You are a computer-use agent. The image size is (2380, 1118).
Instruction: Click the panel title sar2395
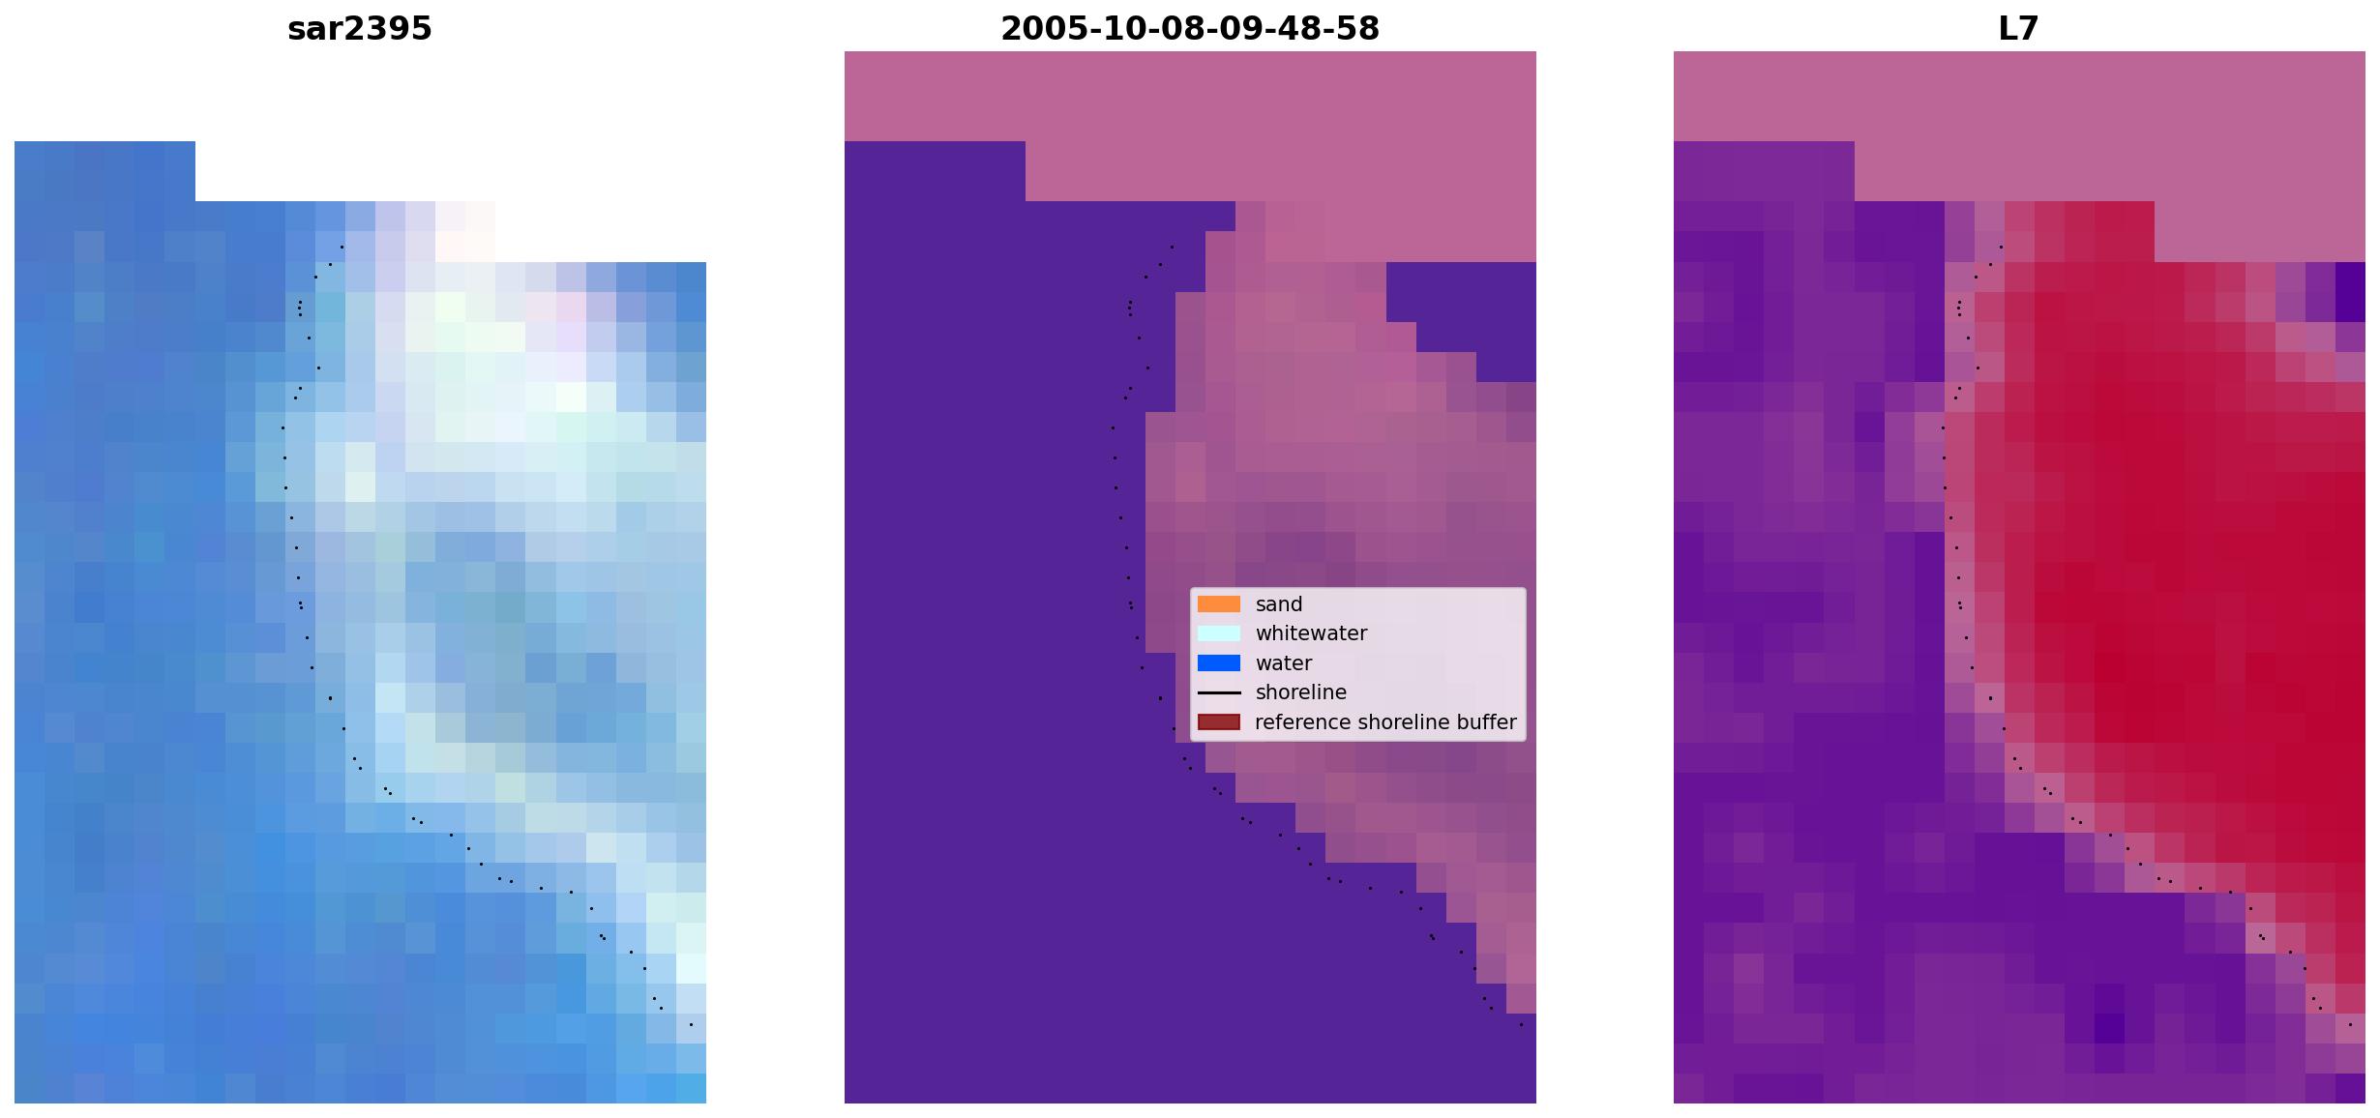(x=360, y=29)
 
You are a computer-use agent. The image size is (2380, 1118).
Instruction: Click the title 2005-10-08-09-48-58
(x=1190, y=29)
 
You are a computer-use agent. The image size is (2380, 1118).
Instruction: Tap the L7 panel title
(x=2019, y=29)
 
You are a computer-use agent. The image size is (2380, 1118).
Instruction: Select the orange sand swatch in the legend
(x=1219, y=604)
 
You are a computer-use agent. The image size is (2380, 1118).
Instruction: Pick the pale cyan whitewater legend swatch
(x=1219, y=633)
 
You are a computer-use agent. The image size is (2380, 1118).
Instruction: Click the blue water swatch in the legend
(x=1219, y=663)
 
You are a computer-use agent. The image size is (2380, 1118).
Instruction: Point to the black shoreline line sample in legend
(x=1219, y=692)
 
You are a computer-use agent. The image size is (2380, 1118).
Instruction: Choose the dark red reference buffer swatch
(x=1219, y=722)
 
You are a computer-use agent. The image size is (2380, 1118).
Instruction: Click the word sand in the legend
(x=1279, y=604)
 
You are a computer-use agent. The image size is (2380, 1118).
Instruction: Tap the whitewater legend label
(x=1311, y=633)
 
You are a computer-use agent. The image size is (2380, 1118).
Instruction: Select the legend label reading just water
(x=1284, y=663)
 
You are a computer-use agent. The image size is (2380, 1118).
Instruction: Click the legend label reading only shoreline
(x=1301, y=692)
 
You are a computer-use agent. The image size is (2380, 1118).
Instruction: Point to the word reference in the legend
(x=1302, y=722)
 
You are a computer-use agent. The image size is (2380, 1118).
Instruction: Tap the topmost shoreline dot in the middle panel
(x=1172, y=247)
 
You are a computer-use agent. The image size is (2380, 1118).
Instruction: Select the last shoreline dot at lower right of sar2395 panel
(x=691, y=1024)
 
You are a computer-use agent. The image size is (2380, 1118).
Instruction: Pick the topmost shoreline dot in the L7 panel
(x=2001, y=247)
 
